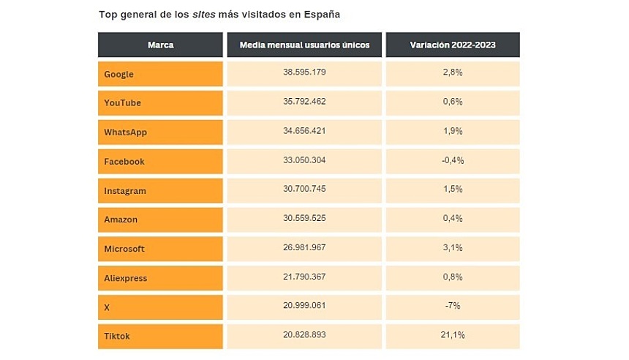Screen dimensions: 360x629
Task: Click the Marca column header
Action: pyautogui.click(x=160, y=45)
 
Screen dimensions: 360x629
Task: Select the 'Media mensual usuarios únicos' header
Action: pyautogui.click(x=305, y=45)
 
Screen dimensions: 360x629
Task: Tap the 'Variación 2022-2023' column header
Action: pyautogui.click(x=452, y=45)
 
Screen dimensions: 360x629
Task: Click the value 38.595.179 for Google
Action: pyautogui.click(x=305, y=73)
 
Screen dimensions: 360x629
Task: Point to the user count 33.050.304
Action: pyautogui.click(x=305, y=160)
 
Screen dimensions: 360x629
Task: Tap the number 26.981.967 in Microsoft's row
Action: pyautogui.click(x=305, y=248)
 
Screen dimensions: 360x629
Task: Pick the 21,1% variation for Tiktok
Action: pyautogui.click(x=452, y=335)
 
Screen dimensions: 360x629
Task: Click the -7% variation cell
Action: pyautogui.click(x=452, y=306)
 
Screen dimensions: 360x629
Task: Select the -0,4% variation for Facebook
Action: pyautogui.click(x=452, y=160)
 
